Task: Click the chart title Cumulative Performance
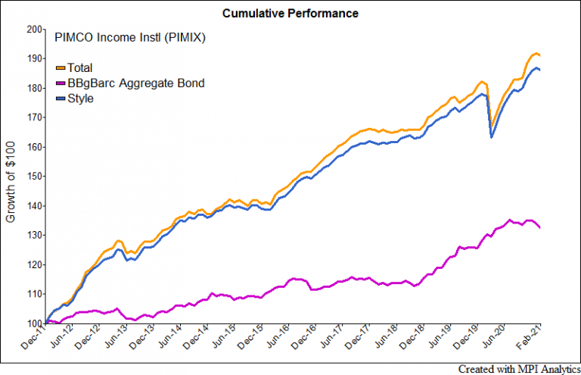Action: click(x=290, y=14)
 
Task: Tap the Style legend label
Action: click(x=80, y=98)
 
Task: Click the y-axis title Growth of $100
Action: click(x=11, y=177)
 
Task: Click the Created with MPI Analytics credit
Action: click(x=518, y=367)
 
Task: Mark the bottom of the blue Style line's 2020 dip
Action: click(x=492, y=137)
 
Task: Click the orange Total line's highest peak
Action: click(x=536, y=53)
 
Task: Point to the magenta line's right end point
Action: click(x=540, y=227)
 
